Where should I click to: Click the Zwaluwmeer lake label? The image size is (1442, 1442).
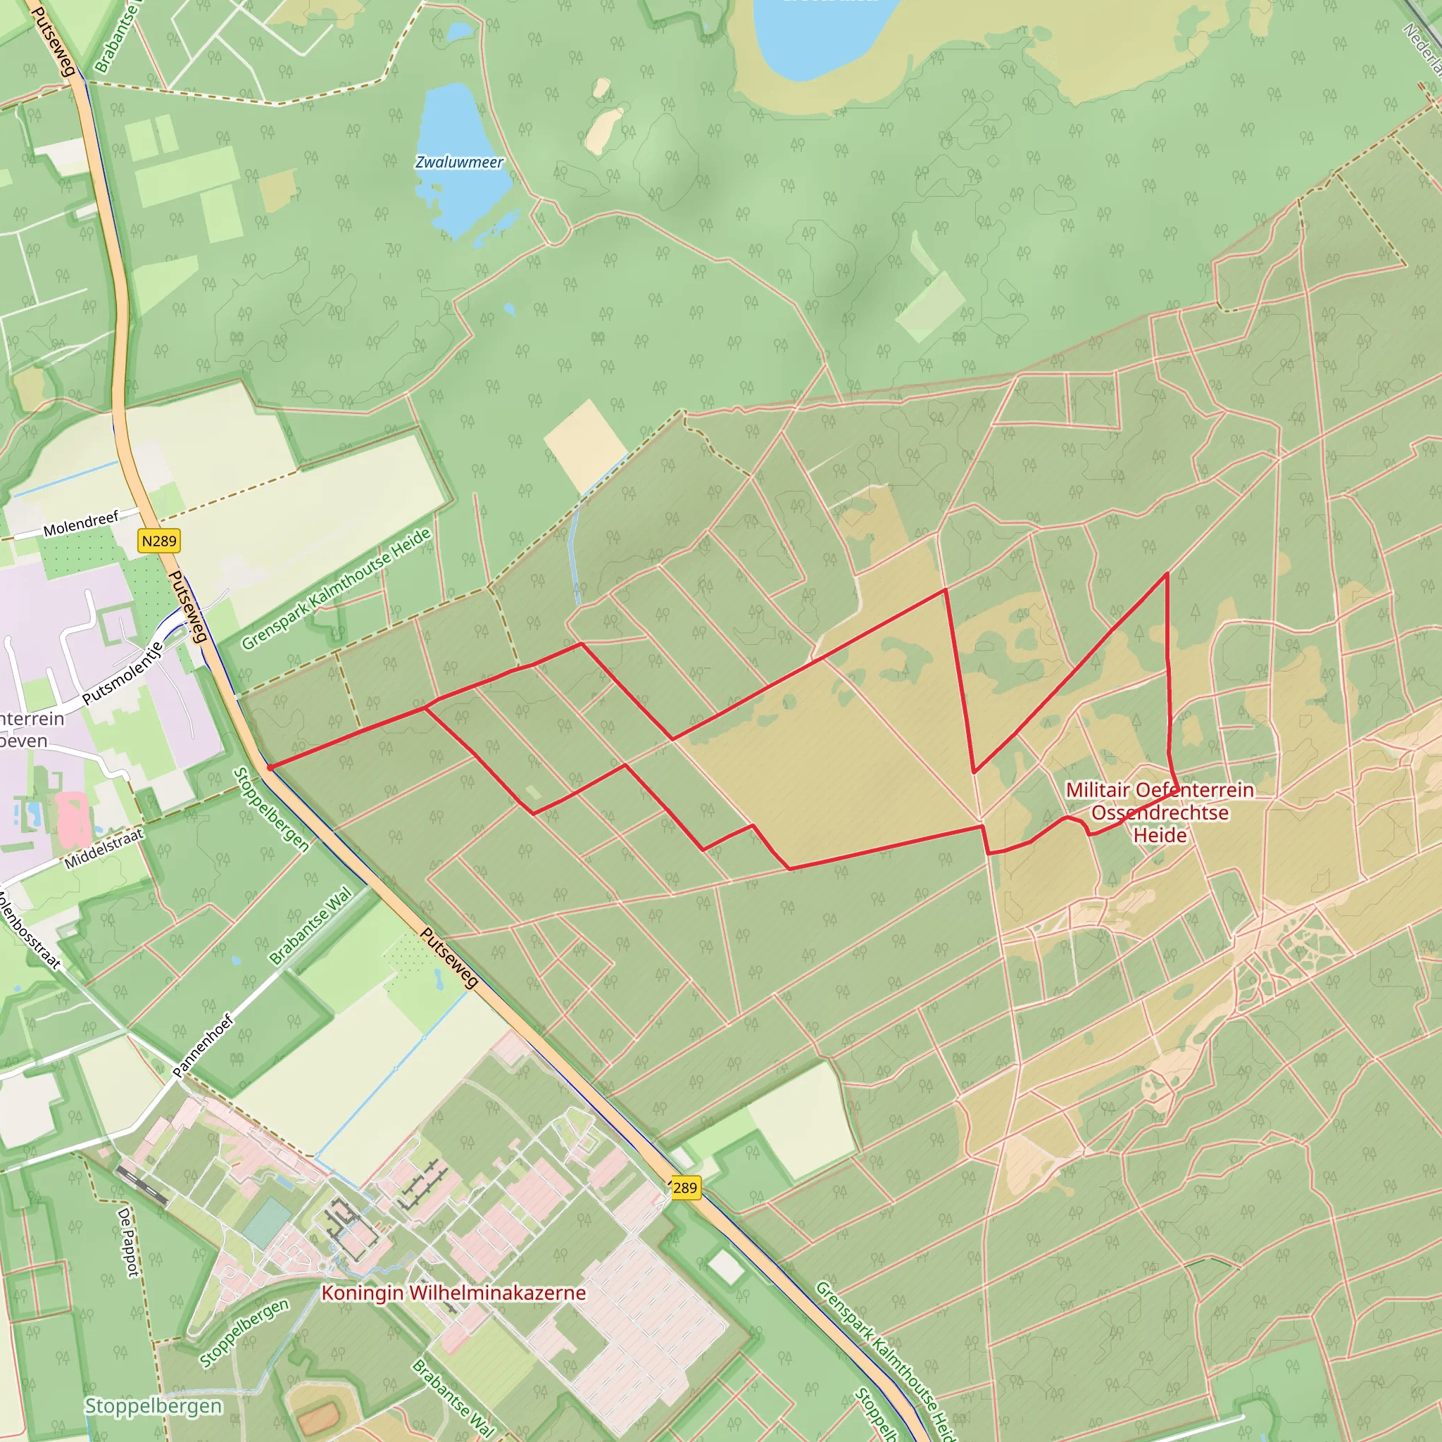click(459, 162)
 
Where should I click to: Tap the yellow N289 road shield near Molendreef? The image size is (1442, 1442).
click(159, 540)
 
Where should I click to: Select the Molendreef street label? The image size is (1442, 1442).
click(80, 524)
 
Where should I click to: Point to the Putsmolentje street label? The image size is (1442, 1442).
click(123, 673)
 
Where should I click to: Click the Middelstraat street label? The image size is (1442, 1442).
click(103, 849)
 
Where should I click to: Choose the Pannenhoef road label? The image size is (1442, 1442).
click(203, 1045)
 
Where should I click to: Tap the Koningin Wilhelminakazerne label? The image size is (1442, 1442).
click(453, 1293)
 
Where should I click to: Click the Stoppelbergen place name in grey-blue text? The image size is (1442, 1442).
click(153, 1406)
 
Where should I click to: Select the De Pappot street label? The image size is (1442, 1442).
click(128, 1243)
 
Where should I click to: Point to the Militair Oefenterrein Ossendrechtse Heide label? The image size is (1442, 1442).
click(1160, 812)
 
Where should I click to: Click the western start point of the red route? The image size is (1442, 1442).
click(270, 767)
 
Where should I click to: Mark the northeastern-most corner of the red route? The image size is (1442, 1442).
click(1167, 573)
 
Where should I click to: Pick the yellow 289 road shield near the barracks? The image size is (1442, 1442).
click(684, 1188)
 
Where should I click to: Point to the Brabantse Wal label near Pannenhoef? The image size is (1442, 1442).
click(311, 925)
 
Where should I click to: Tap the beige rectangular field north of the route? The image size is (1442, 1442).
click(584, 446)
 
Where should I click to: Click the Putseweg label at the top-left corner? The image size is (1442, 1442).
click(54, 41)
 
